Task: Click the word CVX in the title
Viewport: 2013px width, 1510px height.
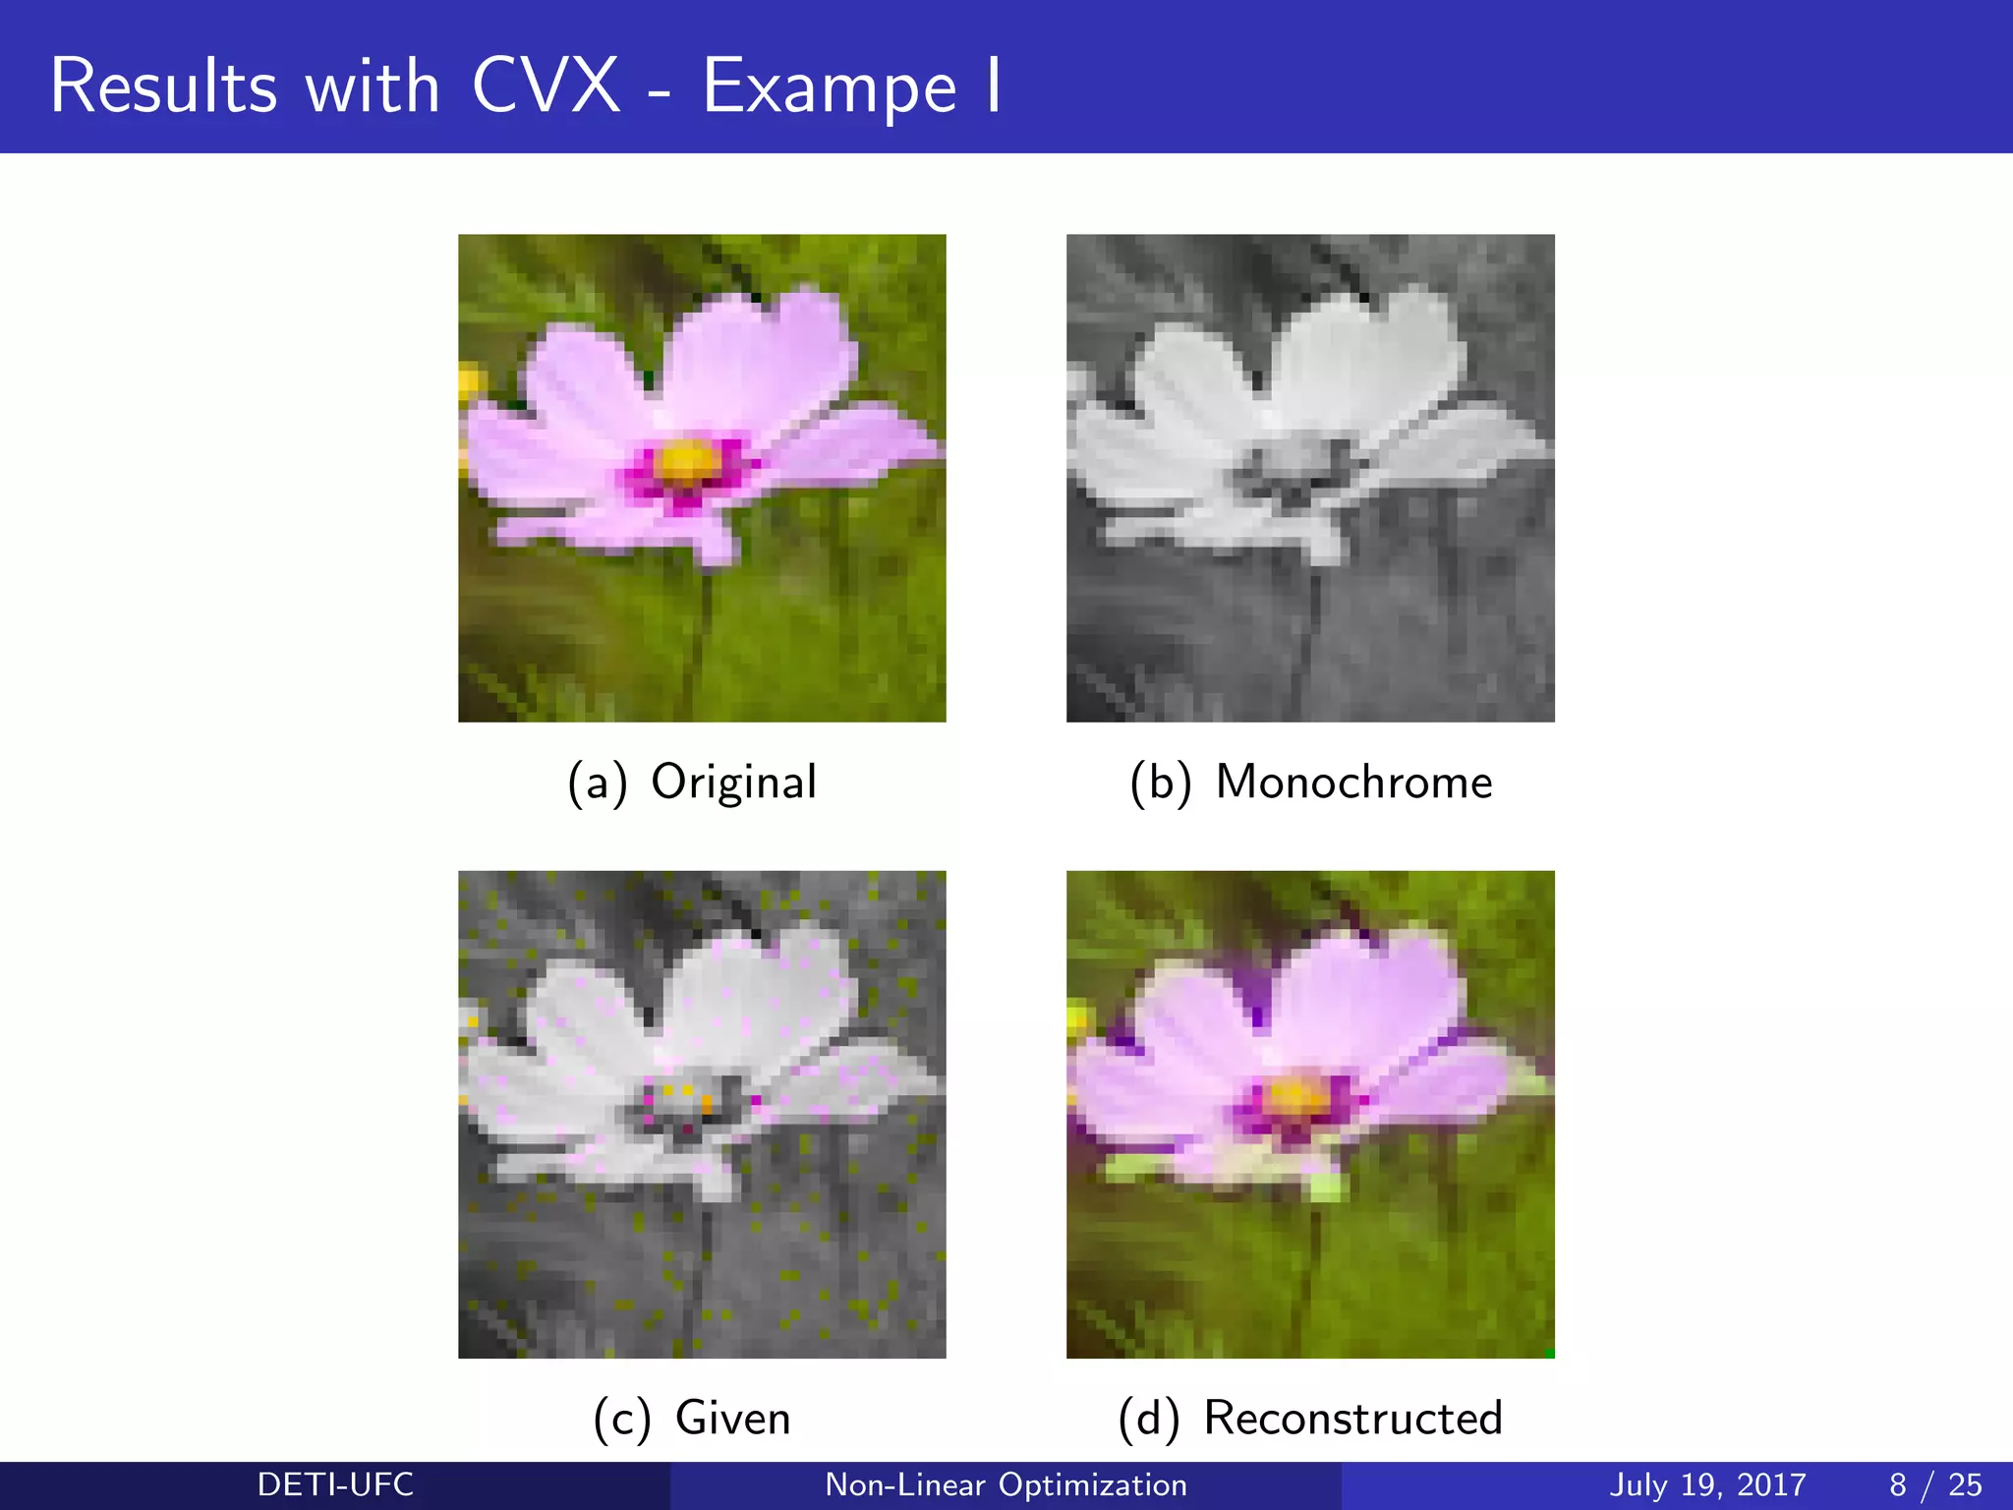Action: (546, 87)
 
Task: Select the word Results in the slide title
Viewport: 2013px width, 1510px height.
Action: (163, 87)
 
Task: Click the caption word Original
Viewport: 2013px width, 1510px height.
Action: (733, 783)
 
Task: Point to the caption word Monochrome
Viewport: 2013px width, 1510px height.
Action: (1353, 783)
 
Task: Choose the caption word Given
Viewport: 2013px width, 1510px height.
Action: (732, 1419)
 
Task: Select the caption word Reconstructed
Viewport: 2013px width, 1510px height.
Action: (1352, 1419)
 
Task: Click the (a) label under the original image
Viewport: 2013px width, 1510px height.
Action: (597, 784)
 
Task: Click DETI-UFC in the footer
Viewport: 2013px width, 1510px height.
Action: (335, 1484)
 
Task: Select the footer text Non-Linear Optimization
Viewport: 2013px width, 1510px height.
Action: (1006, 1484)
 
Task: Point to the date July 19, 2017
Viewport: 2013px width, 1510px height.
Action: (1707, 1484)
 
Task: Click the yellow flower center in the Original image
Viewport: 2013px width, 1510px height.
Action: (686, 460)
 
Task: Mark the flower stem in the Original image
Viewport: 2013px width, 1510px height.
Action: (702, 629)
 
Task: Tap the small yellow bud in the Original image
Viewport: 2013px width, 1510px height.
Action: (470, 382)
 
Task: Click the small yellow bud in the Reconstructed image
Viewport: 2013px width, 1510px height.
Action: (1078, 1018)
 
